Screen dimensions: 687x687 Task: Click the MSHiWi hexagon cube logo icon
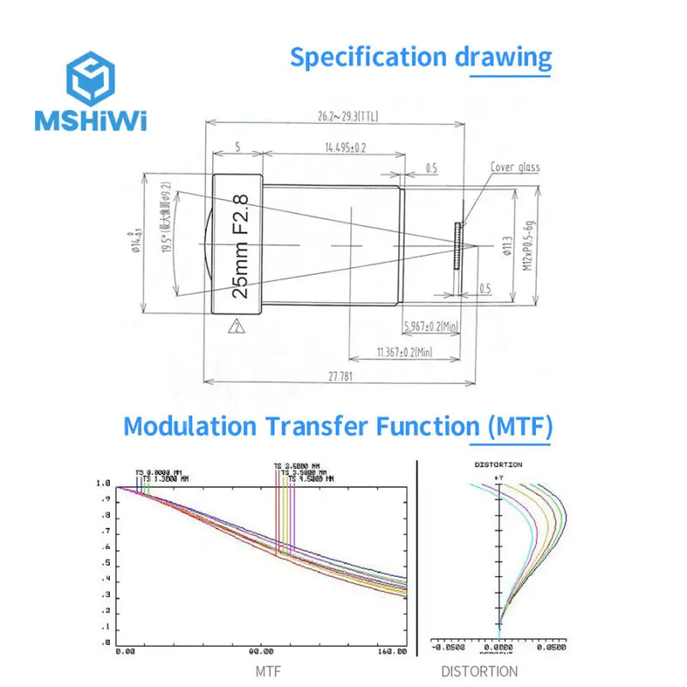click(x=90, y=78)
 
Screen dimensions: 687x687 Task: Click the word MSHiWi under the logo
click(x=90, y=121)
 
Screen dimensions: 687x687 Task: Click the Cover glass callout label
click(x=514, y=167)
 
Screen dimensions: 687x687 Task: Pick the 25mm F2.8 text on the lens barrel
click(x=241, y=246)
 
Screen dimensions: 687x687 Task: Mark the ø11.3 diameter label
click(x=506, y=246)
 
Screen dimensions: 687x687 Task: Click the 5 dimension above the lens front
click(x=237, y=148)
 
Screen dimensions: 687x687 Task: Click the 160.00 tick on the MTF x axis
click(x=392, y=654)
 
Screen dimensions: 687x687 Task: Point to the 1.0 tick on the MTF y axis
click(x=104, y=484)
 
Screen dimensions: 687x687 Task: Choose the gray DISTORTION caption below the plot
click(x=479, y=672)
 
